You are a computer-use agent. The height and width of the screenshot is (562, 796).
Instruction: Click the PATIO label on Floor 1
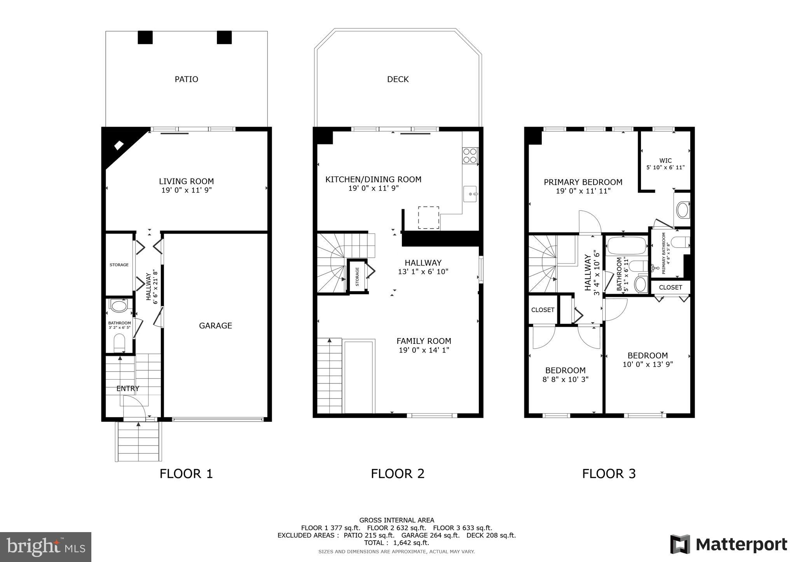(x=186, y=79)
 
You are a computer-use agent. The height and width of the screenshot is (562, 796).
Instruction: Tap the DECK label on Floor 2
(x=398, y=79)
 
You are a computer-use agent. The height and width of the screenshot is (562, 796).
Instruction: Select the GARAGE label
(x=215, y=326)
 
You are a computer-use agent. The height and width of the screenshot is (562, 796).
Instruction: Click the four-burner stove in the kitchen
(x=470, y=156)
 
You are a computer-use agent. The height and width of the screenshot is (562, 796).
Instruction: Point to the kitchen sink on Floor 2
(x=471, y=193)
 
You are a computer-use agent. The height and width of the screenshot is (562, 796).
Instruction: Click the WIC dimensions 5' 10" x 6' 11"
(x=665, y=168)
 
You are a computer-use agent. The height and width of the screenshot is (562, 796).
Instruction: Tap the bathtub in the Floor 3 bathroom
(x=627, y=246)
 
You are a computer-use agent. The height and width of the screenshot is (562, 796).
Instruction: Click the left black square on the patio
(x=145, y=37)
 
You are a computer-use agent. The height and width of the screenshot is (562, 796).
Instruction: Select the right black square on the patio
(x=224, y=37)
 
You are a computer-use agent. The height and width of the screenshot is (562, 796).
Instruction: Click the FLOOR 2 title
(x=397, y=474)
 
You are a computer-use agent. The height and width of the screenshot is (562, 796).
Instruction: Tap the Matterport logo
(x=728, y=545)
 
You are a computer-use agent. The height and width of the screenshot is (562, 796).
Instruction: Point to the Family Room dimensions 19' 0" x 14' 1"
(x=424, y=350)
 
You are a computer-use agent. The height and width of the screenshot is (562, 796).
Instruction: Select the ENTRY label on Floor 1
(x=128, y=389)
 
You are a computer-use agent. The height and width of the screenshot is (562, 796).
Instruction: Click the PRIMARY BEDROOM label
(x=583, y=182)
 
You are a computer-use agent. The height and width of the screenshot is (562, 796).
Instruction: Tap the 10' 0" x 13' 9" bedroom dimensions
(x=648, y=364)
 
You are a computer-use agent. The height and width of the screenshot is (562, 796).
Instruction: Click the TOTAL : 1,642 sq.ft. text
(x=396, y=543)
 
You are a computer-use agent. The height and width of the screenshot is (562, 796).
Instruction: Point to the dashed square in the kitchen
(x=428, y=218)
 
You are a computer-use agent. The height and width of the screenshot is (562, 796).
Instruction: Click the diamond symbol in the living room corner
(x=119, y=145)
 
